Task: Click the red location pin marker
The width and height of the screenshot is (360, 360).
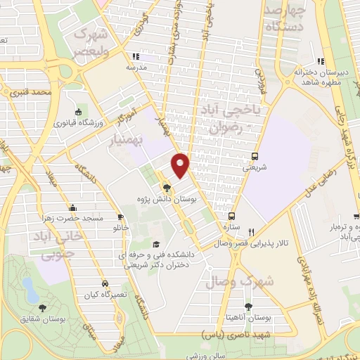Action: [x=181, y=165]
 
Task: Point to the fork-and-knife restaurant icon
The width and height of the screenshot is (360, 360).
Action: [x=251, y=231]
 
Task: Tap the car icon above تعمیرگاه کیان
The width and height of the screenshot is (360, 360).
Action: [x=104, y=284]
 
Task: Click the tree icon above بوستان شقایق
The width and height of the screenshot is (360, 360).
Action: [x=43, y=307]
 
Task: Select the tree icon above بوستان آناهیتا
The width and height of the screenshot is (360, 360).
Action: [x=248, y=306]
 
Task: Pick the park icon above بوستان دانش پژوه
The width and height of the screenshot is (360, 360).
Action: [x=166, y=188]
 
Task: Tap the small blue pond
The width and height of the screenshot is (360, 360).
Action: [x=30, y=288]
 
